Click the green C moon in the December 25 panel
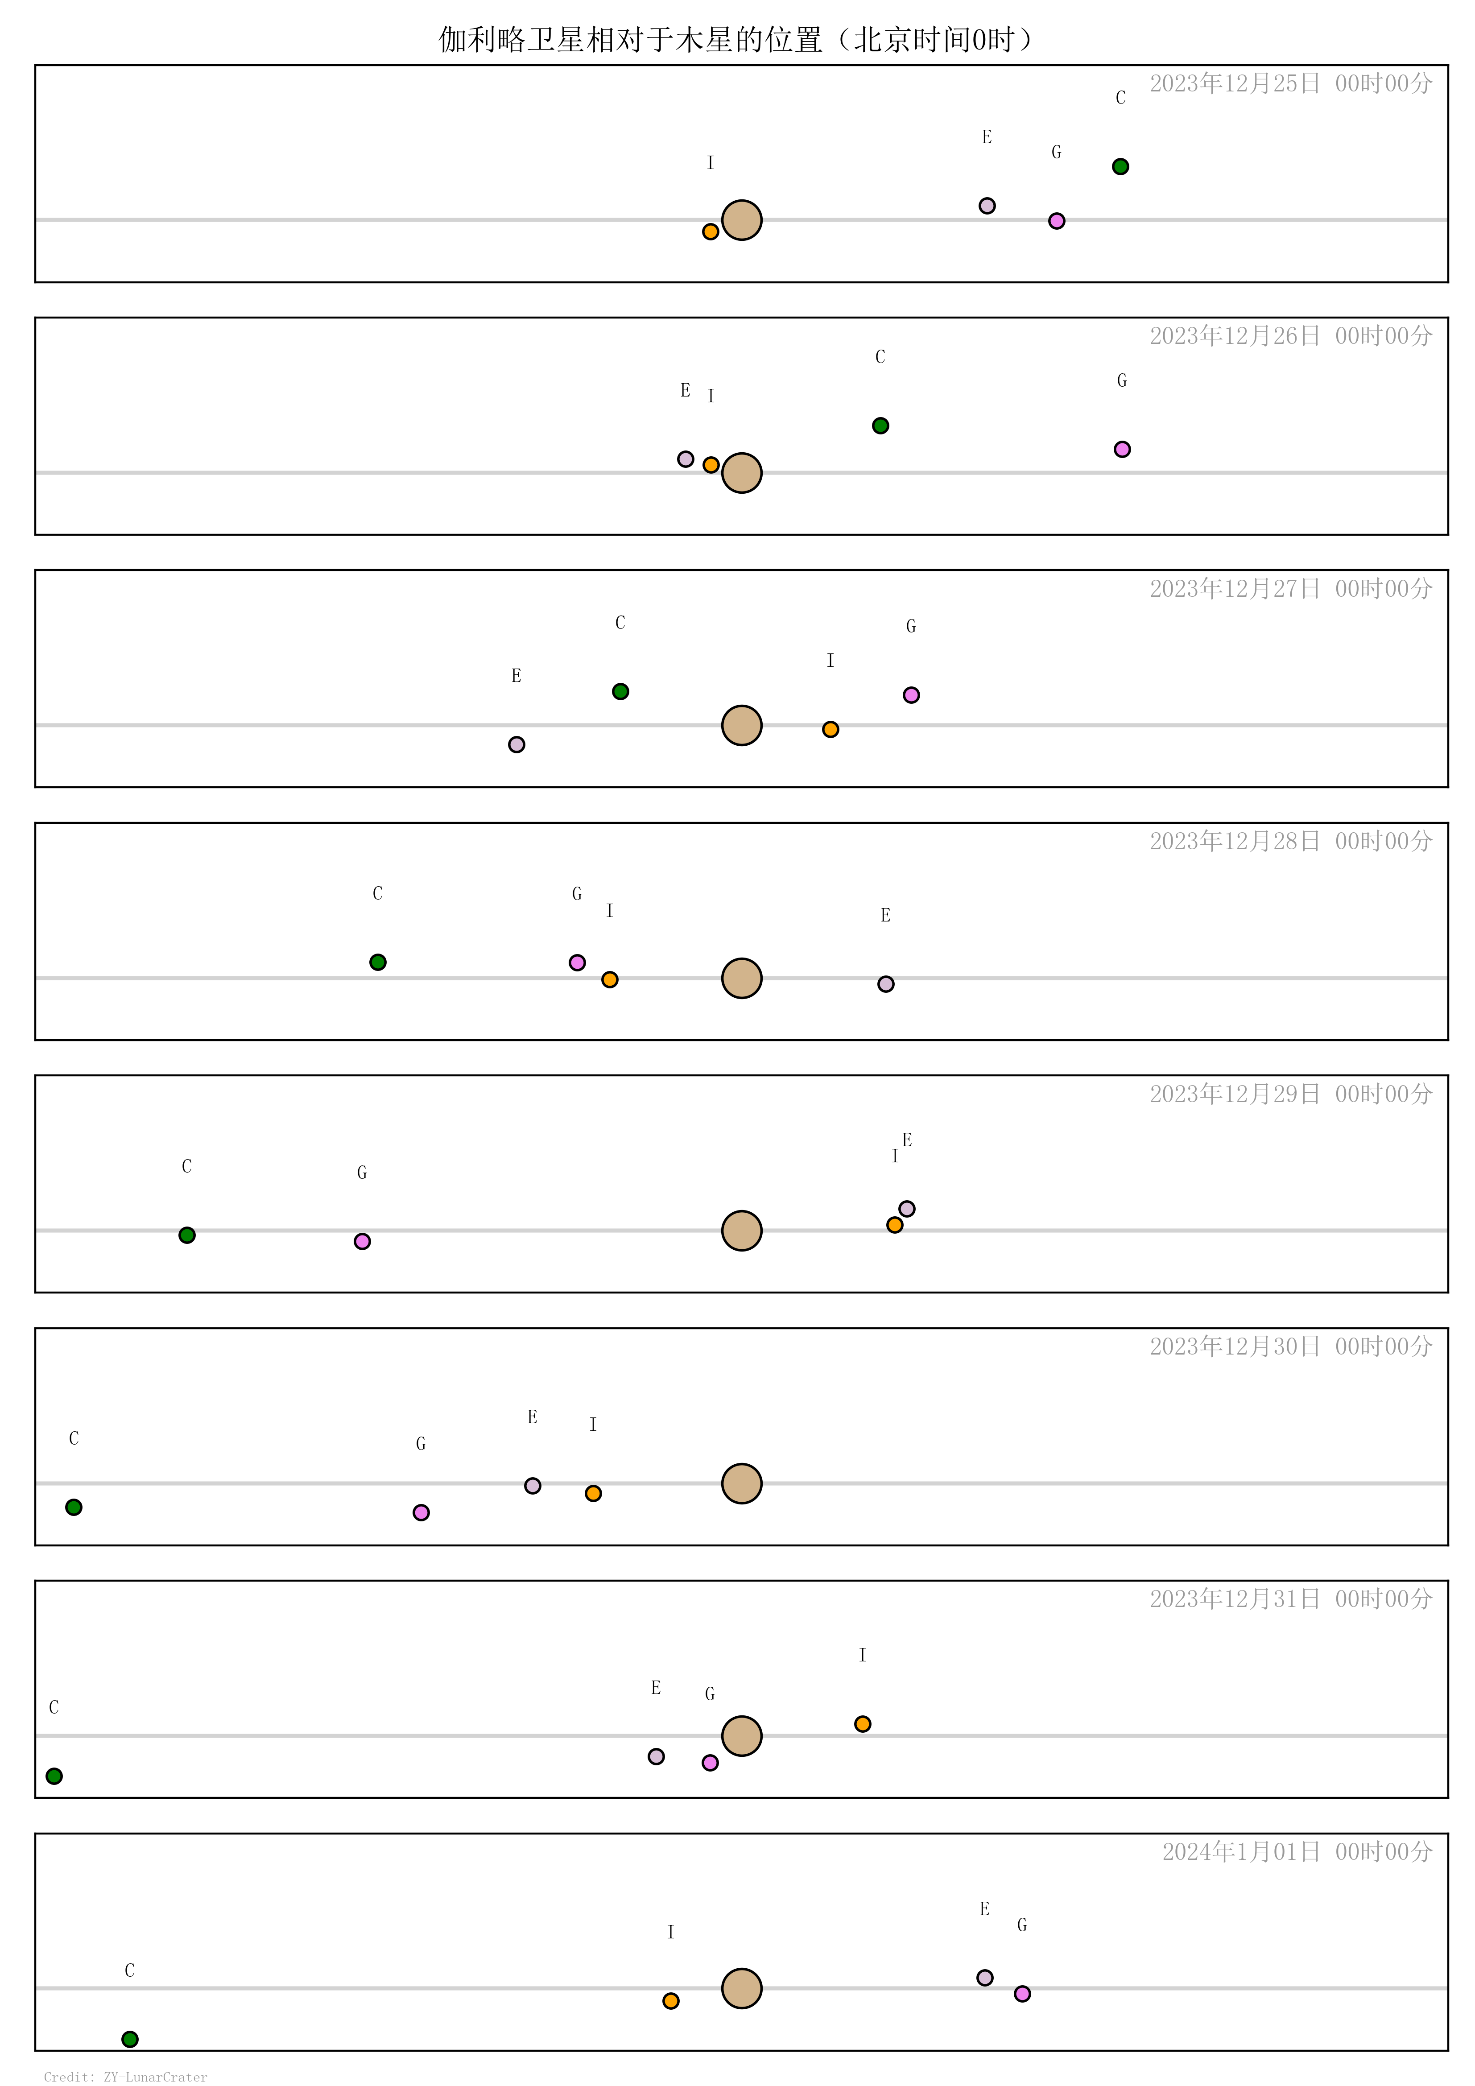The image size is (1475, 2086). pos(1120,166)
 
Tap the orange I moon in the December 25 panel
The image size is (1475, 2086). pos(711,231)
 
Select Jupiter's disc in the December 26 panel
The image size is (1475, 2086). pos(742,472)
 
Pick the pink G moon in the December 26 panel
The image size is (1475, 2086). pos(1122,449)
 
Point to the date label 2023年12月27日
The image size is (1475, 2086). pos(1234,589)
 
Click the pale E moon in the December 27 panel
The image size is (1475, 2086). pos(516,744)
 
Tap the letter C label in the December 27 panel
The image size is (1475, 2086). pos(620,622)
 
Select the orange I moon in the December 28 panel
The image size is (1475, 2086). pos(610,979)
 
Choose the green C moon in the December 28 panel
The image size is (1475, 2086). pos(378,962)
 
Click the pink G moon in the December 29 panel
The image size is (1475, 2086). pos(362,1241)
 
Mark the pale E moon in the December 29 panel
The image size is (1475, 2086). pos(907,1208)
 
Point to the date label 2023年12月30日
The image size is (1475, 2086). pos(1234,1347)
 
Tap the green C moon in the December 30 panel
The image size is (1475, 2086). pos(74,1507)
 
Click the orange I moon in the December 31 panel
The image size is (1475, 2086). pos(863,1723)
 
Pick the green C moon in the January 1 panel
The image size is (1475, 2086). pos(130,2039)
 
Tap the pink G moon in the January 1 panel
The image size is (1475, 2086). pos(1022,1993)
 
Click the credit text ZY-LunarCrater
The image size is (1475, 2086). pos(155,2077)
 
